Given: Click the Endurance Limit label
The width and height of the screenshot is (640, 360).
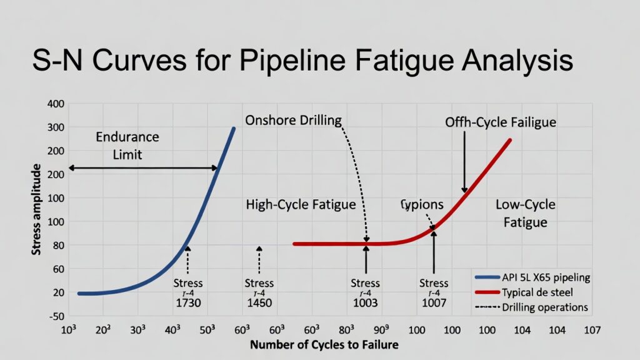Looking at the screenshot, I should tap(127, 146).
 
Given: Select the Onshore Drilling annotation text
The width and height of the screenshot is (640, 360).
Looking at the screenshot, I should tap(294, 119).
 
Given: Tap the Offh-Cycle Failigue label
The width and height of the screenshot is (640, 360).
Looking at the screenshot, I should tap(501, 122).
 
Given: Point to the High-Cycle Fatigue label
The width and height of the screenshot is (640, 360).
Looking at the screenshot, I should tap(301, 204).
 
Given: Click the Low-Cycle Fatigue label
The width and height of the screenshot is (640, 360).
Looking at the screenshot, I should tap(525, 213).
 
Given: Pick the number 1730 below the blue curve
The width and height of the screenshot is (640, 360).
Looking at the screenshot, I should tap(188, 303).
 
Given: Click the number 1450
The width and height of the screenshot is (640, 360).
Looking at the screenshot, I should tap(259, 303).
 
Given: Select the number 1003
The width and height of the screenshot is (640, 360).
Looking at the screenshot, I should tap(366, 303).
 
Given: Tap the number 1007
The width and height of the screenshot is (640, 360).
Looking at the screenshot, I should tap(434, 303).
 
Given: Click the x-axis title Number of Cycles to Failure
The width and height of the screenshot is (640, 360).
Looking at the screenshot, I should tap(324, 344).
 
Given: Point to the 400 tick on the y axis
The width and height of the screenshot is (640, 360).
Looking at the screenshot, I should tap(56, 104).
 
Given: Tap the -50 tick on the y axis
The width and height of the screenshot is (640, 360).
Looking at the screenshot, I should tap(55, 316).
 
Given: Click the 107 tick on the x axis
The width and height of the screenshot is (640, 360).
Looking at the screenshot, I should tap(591, 330).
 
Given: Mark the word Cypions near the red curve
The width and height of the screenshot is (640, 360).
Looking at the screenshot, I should tap(422, 204).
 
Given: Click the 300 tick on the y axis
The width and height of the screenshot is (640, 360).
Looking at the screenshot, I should tap(56, 127).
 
